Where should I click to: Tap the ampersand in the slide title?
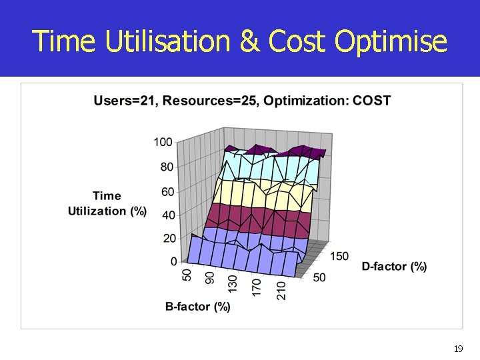coord(250,41)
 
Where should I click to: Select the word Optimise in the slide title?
coord(391,41)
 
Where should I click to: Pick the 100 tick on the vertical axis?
coord(163,142)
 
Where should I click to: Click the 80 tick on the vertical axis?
coord(167,167)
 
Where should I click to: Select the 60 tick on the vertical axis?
coord(167,192)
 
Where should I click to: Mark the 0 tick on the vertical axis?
coord(173,261)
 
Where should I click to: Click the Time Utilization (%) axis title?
coord(107,203)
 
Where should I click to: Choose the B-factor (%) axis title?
coord(198,307)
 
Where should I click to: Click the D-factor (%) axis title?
coord(394,267)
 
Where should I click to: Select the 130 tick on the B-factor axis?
coord(232,283)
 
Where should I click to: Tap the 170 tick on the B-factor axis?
coord(256,287)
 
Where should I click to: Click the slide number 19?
coord(458,349)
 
